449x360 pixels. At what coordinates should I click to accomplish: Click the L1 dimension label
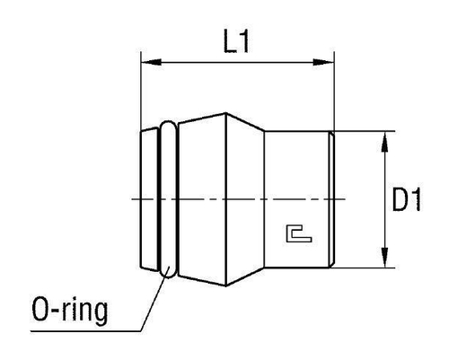click(236, 41)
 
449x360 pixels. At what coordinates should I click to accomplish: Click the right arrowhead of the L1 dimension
click(328, 62)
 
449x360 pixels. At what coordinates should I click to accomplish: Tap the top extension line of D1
click(364, 132)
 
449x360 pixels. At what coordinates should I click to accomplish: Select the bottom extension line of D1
click(364, 267)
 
